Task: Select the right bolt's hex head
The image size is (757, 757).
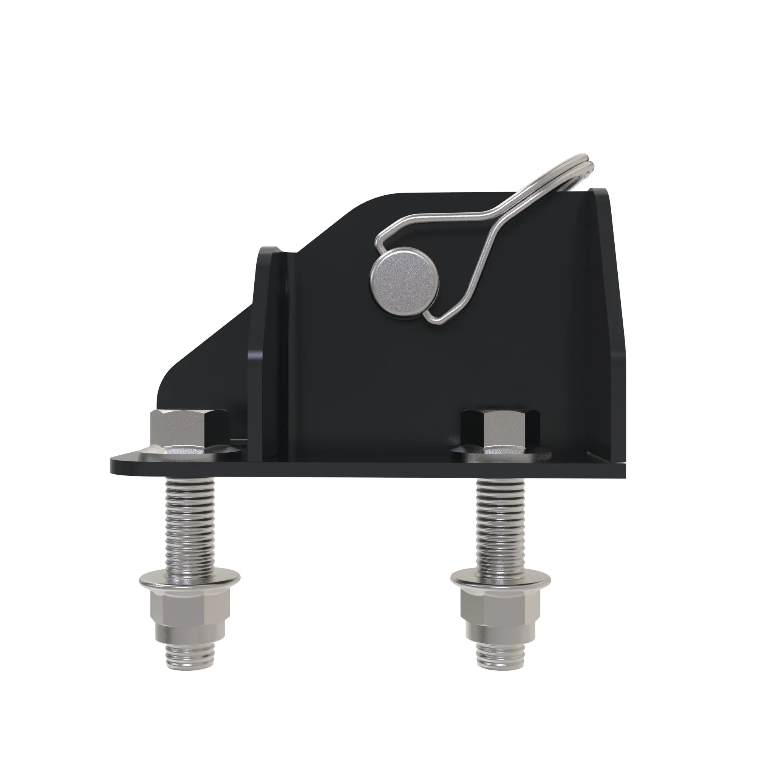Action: click(x=500, y=430)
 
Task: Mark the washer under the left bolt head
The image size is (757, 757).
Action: click(x=190, y=455)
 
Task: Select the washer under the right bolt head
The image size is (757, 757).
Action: click(x=500, y=455)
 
